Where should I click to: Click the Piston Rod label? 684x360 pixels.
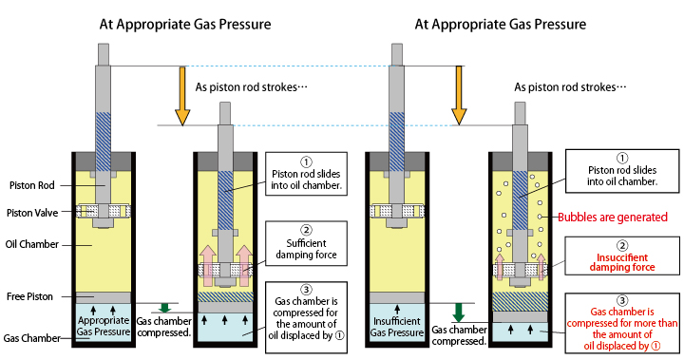pyautogui.click(x=32, y=185)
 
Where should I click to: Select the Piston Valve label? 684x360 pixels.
pyautogui.click(x=32, y=213)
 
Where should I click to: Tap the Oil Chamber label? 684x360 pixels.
pyautogui.click(x=32, y=244)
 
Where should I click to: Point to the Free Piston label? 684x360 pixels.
pyautogui.click(x=29, y=296)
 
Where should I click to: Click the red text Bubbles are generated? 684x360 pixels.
pyautogui.click(x=613, y=218)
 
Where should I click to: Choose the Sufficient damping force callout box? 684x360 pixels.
pyautogui.click(x=306, y=243)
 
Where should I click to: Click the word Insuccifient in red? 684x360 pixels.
pyautogui.click(x=622, y=257)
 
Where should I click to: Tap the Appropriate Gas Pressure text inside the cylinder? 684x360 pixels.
pyautogui.click(x=104, y=326)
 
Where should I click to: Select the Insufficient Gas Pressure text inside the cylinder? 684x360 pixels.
pyautogui.click(x=397, y=327)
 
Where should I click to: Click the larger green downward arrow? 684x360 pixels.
pyautogui.click(x=459, y=313)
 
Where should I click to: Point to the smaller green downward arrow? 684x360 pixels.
pyautogui.click(x=164, y=308)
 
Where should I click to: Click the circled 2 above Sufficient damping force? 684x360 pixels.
pyautogui.click(x=306, y=230)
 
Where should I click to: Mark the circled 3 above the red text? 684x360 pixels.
pyautogui.click(x=622, y=300)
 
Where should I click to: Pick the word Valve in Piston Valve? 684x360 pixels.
pyautogui.click(x=46, y=213)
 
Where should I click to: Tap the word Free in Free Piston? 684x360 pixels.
pyautogui.click(x=16, y=296)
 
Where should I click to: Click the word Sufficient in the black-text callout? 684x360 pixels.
pyautogui.click(x=306, y=243)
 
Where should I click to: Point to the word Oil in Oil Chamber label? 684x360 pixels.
pyautogui.click(x=11, y=244)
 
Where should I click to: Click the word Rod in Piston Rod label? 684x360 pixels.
pyautogui.click(x=47, y=185)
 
